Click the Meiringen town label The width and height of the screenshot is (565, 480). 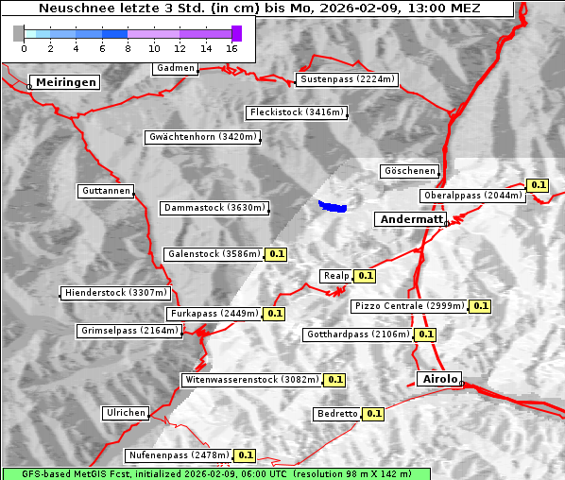click(x=63, y=82)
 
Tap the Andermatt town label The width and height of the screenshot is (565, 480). click(x=411, y=219)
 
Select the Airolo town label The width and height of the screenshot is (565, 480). click(x=439, y=379)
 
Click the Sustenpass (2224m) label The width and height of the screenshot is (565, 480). click(x=340, y=79)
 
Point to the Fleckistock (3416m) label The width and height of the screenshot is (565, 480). click(x=296, y=112)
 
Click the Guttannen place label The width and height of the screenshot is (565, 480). click(x=105, y=191)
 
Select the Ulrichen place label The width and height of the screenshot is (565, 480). click(x=125, y=413)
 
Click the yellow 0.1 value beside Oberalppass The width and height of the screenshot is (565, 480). click(x=538, y=185)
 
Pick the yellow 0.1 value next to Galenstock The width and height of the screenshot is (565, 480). click(x=276, y=254)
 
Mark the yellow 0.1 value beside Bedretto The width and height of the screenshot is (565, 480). click(x=373, y=414)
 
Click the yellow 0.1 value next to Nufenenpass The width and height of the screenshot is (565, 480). click(x=245, y=455)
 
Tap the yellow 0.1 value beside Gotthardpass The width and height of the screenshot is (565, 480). click(x=425, y=334)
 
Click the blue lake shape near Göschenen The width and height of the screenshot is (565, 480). click(x=333, y=205)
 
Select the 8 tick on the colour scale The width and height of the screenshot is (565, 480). click(x=128, y=48)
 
